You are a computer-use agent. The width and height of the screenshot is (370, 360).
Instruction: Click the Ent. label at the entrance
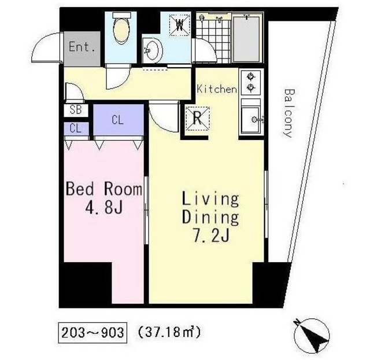pyautogui.click(x=82, y=47)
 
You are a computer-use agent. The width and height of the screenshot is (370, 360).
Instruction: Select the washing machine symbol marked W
pyautogui.click(x=180, y=24)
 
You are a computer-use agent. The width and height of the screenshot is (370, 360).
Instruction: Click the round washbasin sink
pyautogui.click(x=153, y=50)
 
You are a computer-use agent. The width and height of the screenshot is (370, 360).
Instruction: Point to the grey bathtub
pyautogui.click(x=247, y=39)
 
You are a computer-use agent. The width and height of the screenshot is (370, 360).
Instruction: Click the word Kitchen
pyautogui.click(x=217, y=89)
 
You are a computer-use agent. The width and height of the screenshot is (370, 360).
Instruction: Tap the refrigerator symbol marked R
pyautogui.click(x=198, y=118)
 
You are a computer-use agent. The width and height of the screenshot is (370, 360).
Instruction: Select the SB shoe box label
pyautogui.click(x=76, y=110)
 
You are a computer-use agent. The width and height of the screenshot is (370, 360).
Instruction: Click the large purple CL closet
pyautogui.click(x=119, y=120)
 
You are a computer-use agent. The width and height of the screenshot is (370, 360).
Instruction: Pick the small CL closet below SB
pyautogui.click(x=76, y=128)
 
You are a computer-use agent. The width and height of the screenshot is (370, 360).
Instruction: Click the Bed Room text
pyautogui.click(x=104, y=189)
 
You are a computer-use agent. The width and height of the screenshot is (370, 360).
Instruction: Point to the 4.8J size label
pyautogui.click(x=104, y=207)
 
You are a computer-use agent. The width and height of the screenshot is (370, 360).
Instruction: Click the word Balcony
pyautogui.click(x=288, y=113)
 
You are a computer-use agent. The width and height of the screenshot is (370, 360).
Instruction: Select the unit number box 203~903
pyautogui.click(x=92, y=333)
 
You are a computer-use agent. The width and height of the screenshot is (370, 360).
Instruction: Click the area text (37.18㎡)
pyautogui.click(x=169, y=332)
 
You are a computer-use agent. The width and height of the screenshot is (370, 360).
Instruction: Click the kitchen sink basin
pyautogui.click(x=251, y=120)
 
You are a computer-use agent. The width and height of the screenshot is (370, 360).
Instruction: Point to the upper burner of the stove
pyautogui.click(x=250, y=77)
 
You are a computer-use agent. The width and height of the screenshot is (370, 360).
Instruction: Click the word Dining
pyautogui.click(x=210, y=218)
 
